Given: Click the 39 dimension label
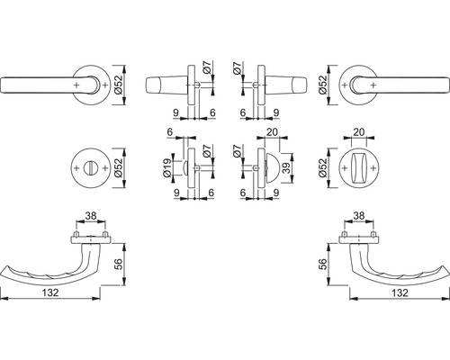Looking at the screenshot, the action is coord(287,168).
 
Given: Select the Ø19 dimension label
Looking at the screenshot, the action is coord(167,167).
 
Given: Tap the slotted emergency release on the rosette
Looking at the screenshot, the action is coord(91,168).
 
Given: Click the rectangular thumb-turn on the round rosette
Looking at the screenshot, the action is coord(359,167).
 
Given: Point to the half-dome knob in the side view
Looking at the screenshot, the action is coord(272,168).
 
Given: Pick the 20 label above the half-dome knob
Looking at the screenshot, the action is coord(272,132).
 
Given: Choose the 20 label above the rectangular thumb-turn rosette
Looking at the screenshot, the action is coord(359,132).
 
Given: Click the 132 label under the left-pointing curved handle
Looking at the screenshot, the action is coord(50,292).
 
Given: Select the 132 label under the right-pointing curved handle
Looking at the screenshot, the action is coord(400,292).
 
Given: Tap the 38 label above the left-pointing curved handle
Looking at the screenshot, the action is coord(91,215).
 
